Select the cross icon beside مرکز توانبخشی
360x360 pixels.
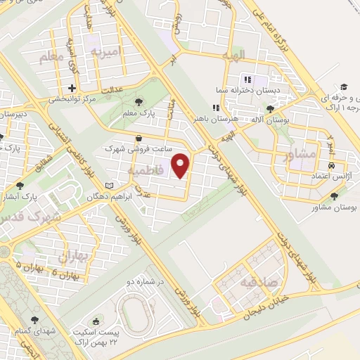tap(72, 89)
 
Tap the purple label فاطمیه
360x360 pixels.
tap(147, 171)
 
